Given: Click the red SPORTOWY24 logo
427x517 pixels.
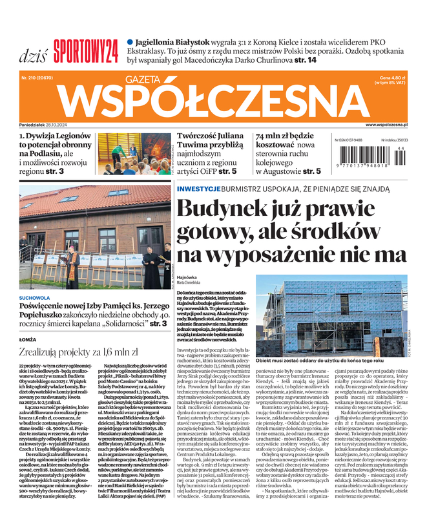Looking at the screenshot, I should coord(86,48).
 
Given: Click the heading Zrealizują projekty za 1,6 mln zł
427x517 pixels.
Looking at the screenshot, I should coord(79,352).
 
